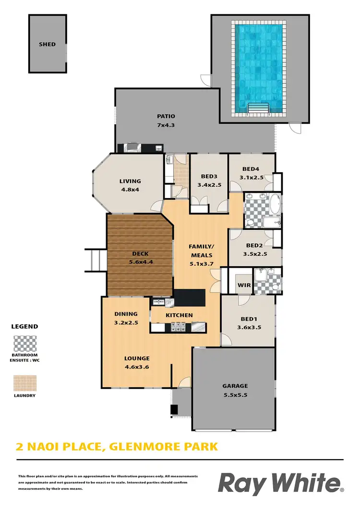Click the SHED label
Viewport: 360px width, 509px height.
(x=47, y=44)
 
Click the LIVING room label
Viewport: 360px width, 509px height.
(x=130, y=181)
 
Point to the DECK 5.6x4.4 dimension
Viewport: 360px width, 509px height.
(x=140, y=262)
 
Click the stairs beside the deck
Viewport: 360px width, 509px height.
(x=96, y=261)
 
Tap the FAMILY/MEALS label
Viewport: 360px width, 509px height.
(x=202, y=251)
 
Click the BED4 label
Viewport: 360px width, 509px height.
(x=251, y=169)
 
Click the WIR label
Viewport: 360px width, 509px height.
(x=244, y=284)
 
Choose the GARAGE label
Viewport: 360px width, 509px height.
(x=235, y=385)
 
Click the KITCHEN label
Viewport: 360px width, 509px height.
(x=179, y=315)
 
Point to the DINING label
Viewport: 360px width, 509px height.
(x=126, y=314)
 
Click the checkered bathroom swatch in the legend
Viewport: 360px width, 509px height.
(x=24, y=343)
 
